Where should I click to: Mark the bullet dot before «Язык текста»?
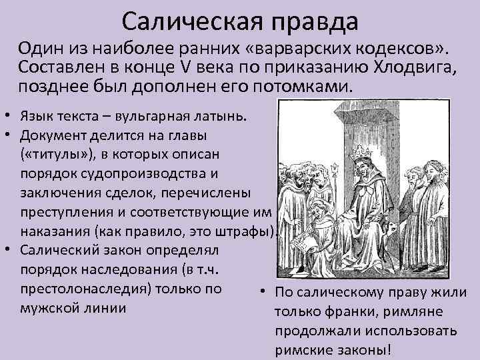pos(6,116)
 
